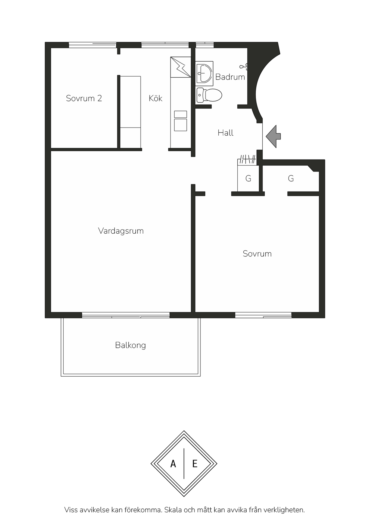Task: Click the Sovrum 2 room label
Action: pyautogui.click(x=84, y=98)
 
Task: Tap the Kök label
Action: pyautogui.click(x=156, y=98)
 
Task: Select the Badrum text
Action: pyautogui.click(x=230, y=77)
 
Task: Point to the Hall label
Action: pyautogui.click(x=225, y=133)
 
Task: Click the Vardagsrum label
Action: pyautogui.click(x=121, y=231)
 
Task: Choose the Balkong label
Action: pyautogui.click(x=131, y=345)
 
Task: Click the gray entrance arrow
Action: pyautogui.click(x=273, y=136)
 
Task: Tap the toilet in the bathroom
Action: pyautogui.click(x=209, y=95)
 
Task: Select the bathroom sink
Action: pyautogui.click(x=204, y=73)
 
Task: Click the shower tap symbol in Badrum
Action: pyautogui.click(x=243, y=66)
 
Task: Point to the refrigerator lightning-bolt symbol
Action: pyautogui.click(x=181, y=67)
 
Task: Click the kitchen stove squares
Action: pyautogui.click(x=181, y=121)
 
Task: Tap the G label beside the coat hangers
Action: pyautogui.click(x=248, y=179)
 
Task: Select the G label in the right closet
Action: pyautogui.click(x=291, y=179)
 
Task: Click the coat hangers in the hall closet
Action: pyautogui.click(x=247, y=159)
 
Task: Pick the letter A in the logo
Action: pyautogui.click(x=173, y=464)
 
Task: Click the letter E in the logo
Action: pyautogui.click(x=195, y=464)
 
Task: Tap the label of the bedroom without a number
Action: pyautogui.click(x=257, y=254)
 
